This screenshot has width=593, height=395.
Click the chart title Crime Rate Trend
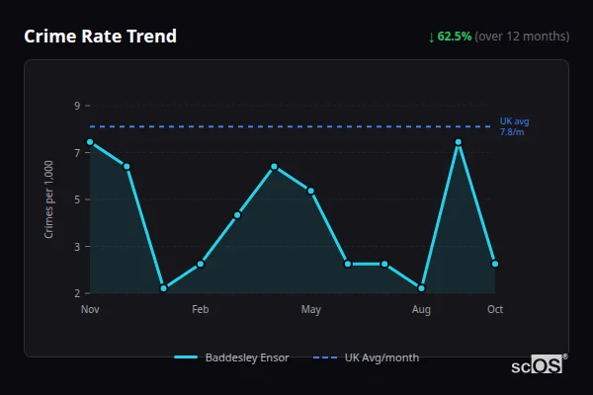point(101,37)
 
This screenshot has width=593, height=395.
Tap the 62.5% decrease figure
point(453,37)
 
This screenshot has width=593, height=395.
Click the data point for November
point(90,142)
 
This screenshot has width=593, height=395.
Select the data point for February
point(201,264)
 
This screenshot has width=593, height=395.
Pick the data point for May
point(311,191)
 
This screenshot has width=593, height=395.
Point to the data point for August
point(422,288)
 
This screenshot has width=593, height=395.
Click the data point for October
point(495,264)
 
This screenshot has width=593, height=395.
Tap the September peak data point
point(459,142)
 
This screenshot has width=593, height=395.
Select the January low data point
point(164,288)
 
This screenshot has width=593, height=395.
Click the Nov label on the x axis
point(90,310)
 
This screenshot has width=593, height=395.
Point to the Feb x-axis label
point(201,310)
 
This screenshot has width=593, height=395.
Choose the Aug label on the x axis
point(422,310)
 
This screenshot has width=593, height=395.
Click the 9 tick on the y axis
point(77,106)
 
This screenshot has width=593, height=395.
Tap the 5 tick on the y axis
point(77,199)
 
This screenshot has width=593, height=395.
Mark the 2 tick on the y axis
point(77,293)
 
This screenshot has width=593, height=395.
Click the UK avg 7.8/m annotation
point(514,126)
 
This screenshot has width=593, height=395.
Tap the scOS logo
point(538,365)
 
